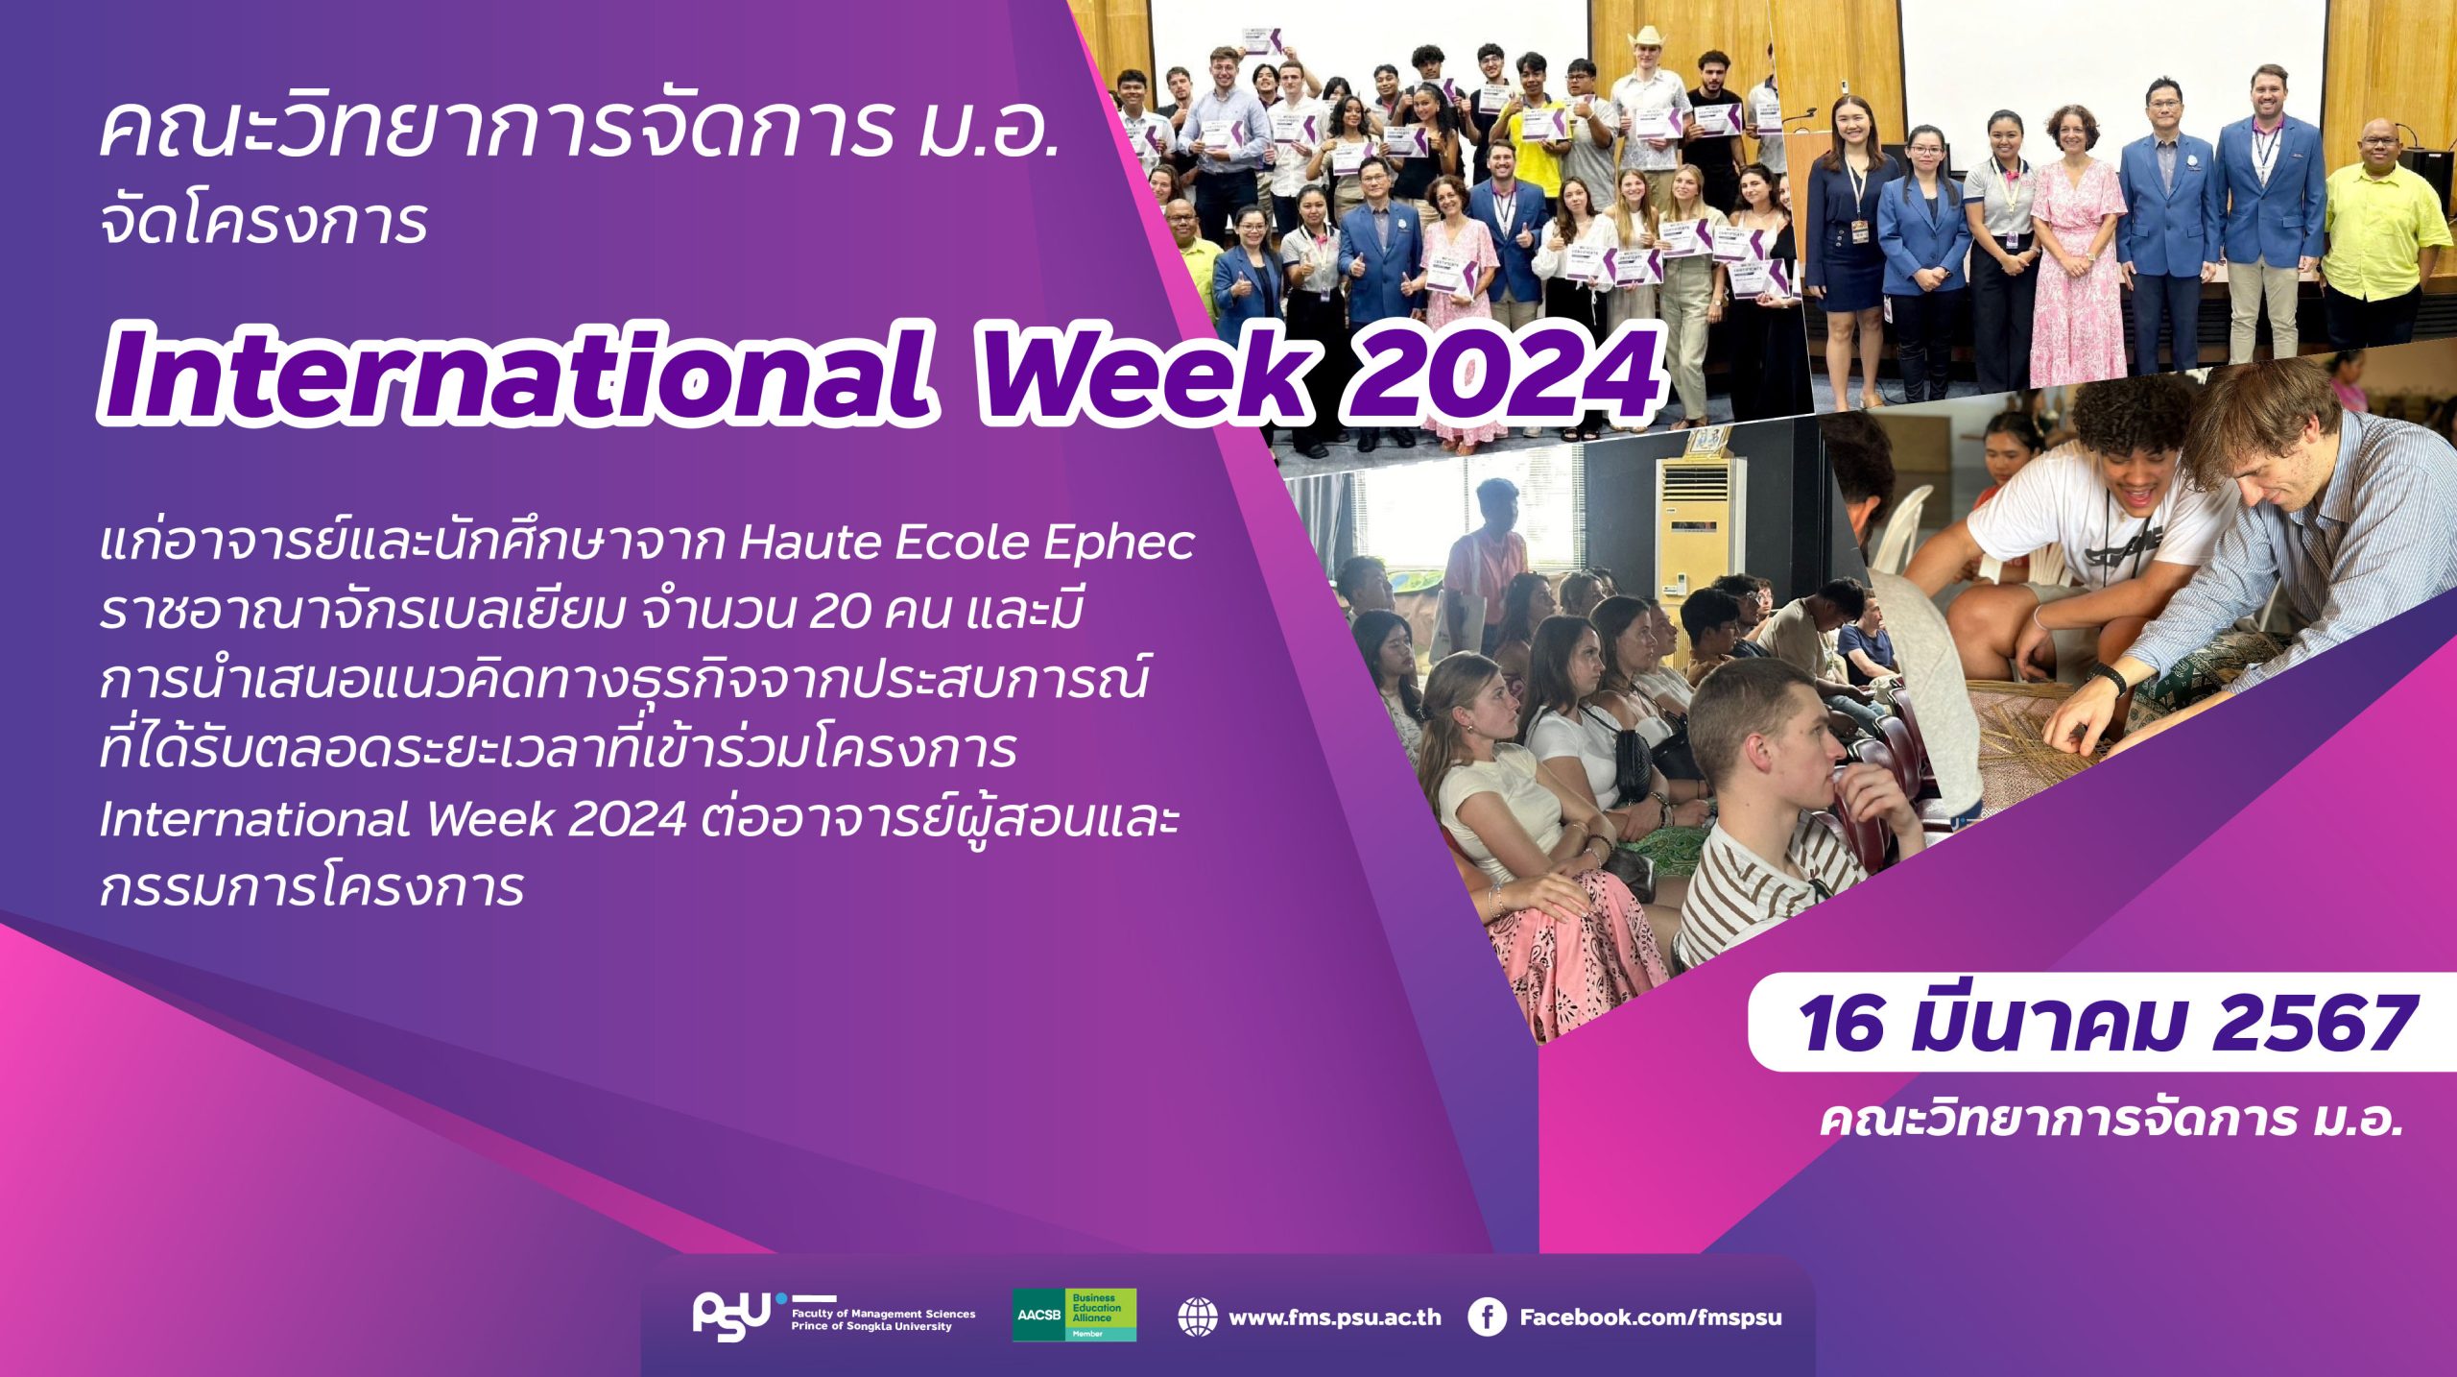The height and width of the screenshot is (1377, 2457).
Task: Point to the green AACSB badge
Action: tap(1074, 1315)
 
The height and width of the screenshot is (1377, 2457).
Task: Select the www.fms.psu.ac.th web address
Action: tap(1335, 1317)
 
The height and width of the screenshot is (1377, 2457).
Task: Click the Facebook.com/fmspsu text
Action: tap(1650, 1317)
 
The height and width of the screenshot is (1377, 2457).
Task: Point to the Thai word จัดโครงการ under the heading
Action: tap(263, 223)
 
